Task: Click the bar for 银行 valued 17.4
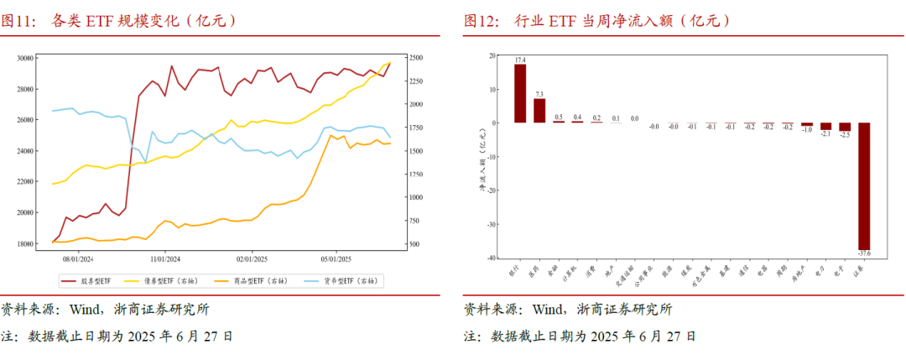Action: [x=519, y=93]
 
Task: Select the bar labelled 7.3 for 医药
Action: [x=539, y=110]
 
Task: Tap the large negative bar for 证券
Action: [x=864, y=185]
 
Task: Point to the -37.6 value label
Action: [x=864, y=253]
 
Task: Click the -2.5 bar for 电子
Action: [x=845, y=127]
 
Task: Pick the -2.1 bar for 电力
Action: [x=825, y=126]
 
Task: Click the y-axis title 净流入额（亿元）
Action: [x=482, y=156]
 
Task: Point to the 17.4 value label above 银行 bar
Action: [x=520, y=60]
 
